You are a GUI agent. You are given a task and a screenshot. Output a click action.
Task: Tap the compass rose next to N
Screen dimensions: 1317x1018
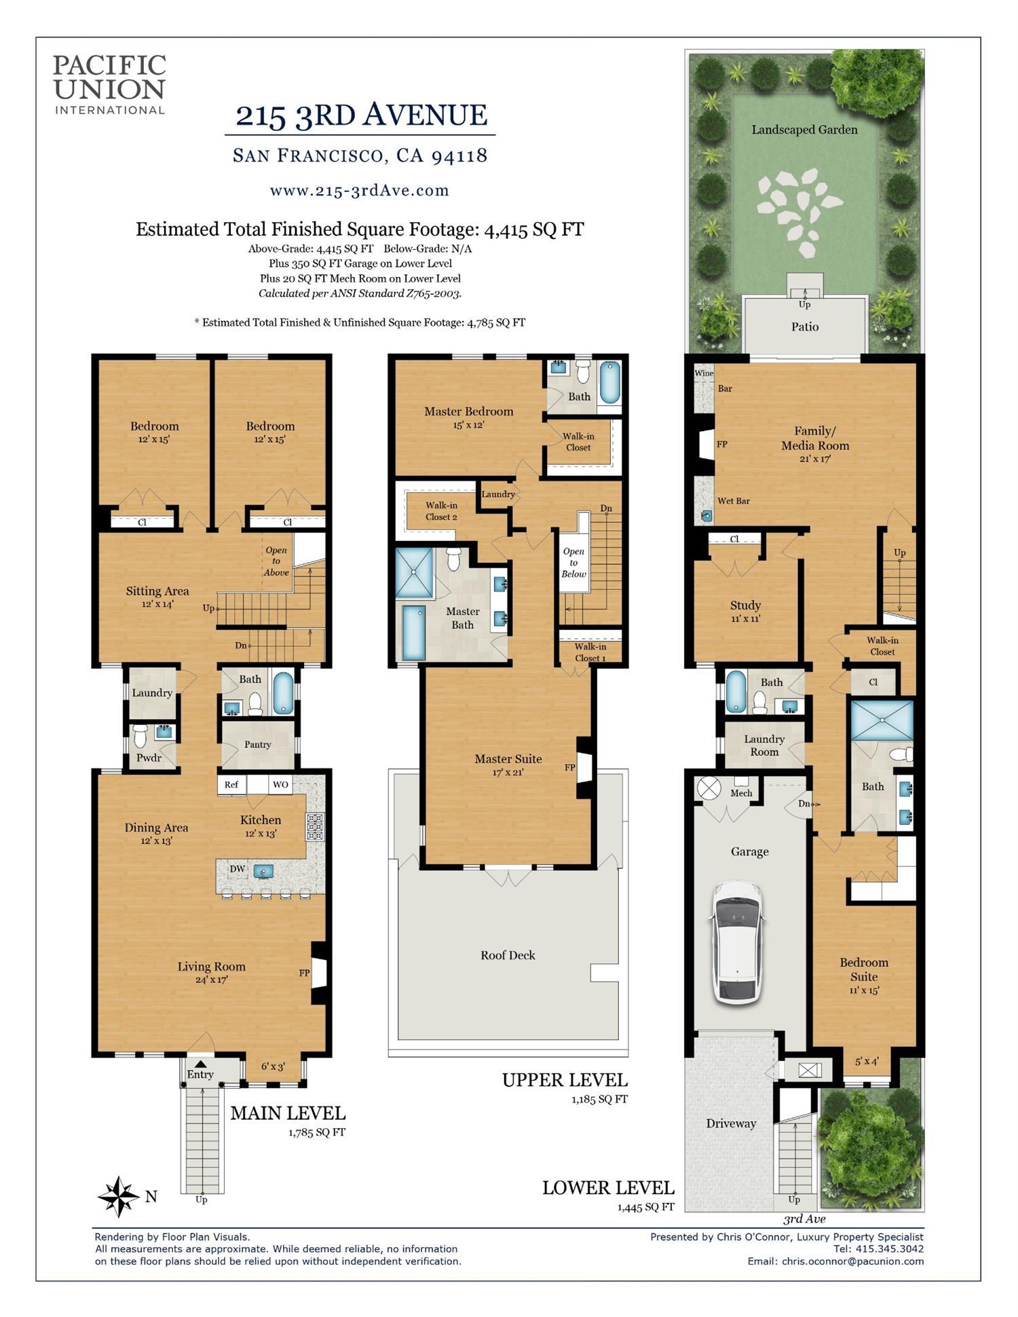tap(119, 1196)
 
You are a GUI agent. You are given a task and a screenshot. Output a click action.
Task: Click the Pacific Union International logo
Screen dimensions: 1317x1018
tap(109, 84)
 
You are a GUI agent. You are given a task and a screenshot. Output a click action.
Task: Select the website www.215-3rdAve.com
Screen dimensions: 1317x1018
tap(359, 191)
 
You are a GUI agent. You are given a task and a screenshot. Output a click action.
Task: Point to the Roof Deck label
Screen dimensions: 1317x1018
tap(508, 955)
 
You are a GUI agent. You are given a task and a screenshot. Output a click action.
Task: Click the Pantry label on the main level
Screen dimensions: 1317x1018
tap(258, 744)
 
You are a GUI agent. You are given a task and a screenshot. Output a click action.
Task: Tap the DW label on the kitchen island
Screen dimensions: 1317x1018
tap(237, 869)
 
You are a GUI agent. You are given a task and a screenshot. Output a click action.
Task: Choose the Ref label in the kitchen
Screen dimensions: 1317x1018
tap(231, 784)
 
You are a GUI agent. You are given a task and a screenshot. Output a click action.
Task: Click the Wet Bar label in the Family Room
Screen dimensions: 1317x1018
tap(733, 501)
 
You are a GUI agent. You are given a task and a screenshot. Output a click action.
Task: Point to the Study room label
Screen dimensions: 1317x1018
tap(745, 605)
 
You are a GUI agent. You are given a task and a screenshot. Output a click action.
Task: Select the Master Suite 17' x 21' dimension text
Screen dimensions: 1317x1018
tap(508, 772)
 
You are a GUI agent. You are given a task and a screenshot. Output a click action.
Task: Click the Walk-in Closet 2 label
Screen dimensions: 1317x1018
tap(441, 511)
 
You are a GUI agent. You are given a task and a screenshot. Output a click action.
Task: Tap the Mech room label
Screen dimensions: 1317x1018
tap(741, 793)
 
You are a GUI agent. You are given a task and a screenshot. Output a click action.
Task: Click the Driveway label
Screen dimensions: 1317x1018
tap(731, 1124)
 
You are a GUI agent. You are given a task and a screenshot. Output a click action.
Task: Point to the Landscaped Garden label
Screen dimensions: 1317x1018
tap(804, 130)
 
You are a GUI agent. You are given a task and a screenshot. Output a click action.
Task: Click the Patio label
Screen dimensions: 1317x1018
tap(805, 327)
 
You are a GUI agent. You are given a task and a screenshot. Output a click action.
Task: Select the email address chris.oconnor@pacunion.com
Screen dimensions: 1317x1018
tap(852, 1261)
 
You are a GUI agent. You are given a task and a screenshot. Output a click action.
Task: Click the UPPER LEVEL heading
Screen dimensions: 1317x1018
tap(565, 1080)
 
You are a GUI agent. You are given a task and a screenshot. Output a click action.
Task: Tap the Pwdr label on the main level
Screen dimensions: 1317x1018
tap(149, 758)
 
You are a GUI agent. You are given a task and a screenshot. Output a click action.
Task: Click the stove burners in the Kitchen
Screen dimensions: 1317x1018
tap(316, 827)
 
